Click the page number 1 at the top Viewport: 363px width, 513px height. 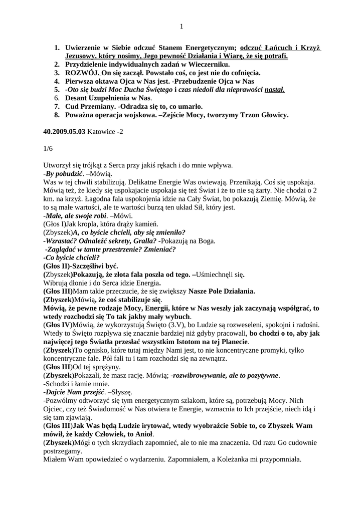(181, 27)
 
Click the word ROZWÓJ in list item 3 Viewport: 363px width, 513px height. (80, 73)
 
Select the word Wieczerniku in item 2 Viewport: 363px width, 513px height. (207, 65)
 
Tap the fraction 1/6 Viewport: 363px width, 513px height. (48, 148)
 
